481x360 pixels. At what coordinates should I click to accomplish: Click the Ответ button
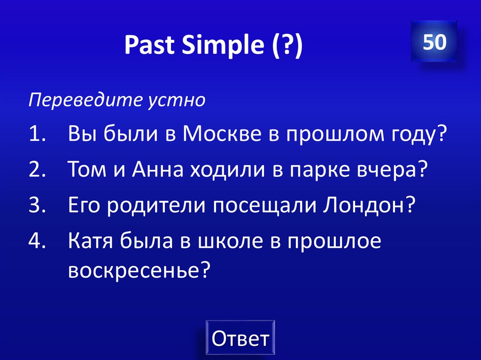click(x=240, y=338)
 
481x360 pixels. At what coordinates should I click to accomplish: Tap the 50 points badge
click(x=434, y=43)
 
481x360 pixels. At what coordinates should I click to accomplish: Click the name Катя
click(x=88, y=241)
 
